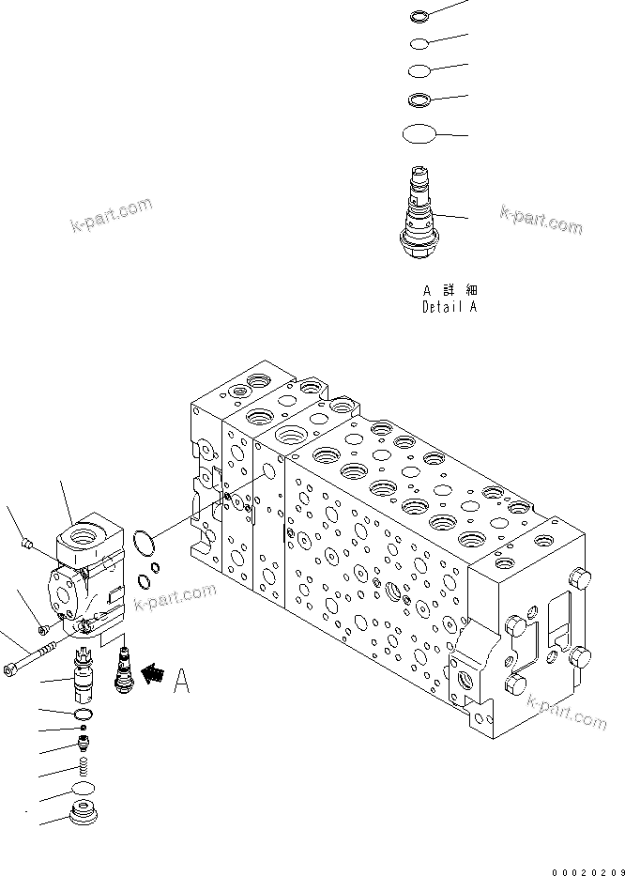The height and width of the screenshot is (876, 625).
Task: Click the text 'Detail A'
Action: (x=449, y=307)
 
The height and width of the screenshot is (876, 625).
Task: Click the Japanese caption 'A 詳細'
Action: (x=449, y=290)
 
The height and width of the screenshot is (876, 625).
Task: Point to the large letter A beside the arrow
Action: (x=181, y=680)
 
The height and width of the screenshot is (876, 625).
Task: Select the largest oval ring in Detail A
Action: (x=419, y=134)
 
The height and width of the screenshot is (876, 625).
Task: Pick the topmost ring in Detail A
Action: (x=419, y=16)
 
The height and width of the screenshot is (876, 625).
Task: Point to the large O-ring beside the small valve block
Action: (x=143, y=542)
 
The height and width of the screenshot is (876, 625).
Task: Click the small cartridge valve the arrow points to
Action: (x=121, y=667)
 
